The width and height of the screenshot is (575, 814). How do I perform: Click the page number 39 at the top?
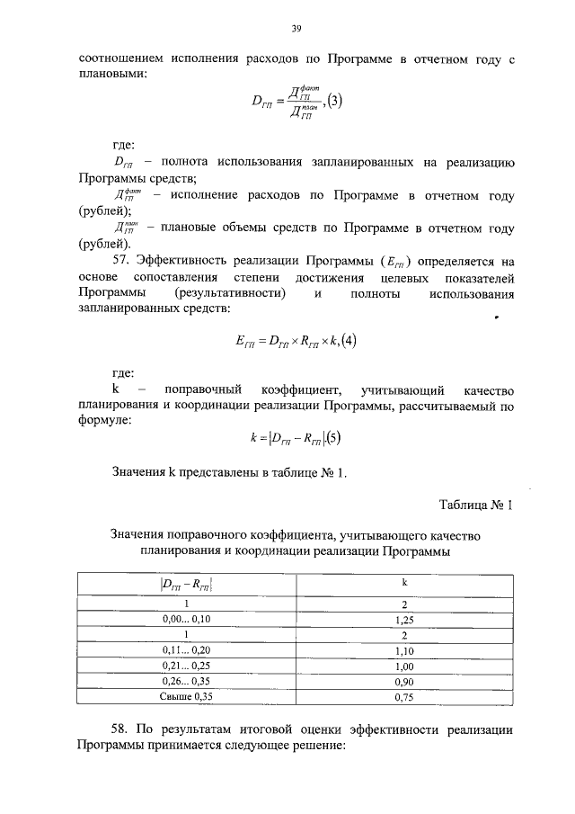click(x=296, y=29)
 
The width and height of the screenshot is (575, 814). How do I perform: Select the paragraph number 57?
click(x=122, y=262)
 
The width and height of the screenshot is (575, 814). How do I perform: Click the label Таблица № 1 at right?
click(x=475, y=505)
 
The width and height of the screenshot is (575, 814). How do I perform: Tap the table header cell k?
click(x=403, y=583)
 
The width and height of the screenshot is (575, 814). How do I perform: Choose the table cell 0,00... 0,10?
click(x=188, y=619)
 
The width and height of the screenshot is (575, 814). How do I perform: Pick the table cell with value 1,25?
click(x=403, y=619)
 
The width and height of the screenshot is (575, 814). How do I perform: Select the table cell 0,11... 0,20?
click(x=188, y=649)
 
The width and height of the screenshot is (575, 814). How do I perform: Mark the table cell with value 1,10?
click(x=403, y=649)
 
